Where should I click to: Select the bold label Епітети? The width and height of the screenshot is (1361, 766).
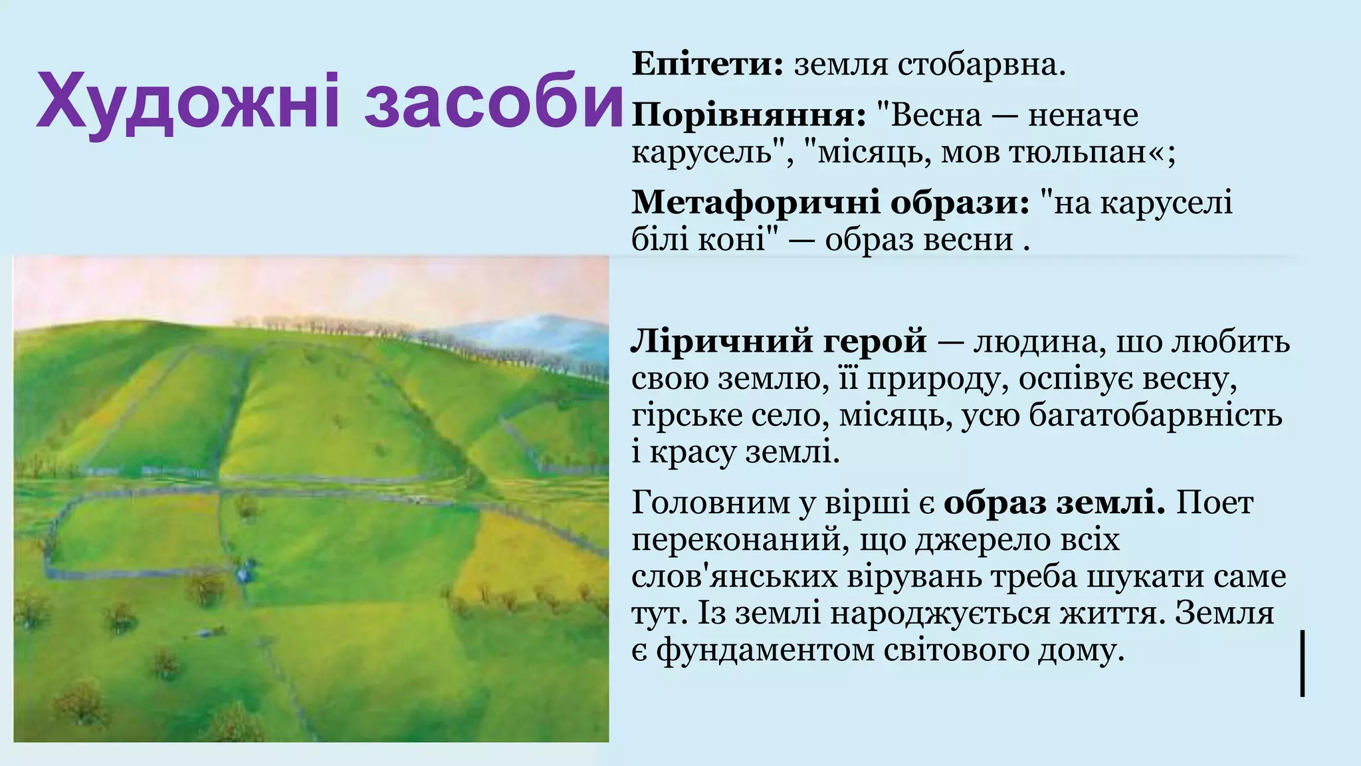point(708,64)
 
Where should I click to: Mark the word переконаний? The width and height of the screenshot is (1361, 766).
point(737,540)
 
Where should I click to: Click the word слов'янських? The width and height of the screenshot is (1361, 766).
point(734,576)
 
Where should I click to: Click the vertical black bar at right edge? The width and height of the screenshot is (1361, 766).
point(1302,664)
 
